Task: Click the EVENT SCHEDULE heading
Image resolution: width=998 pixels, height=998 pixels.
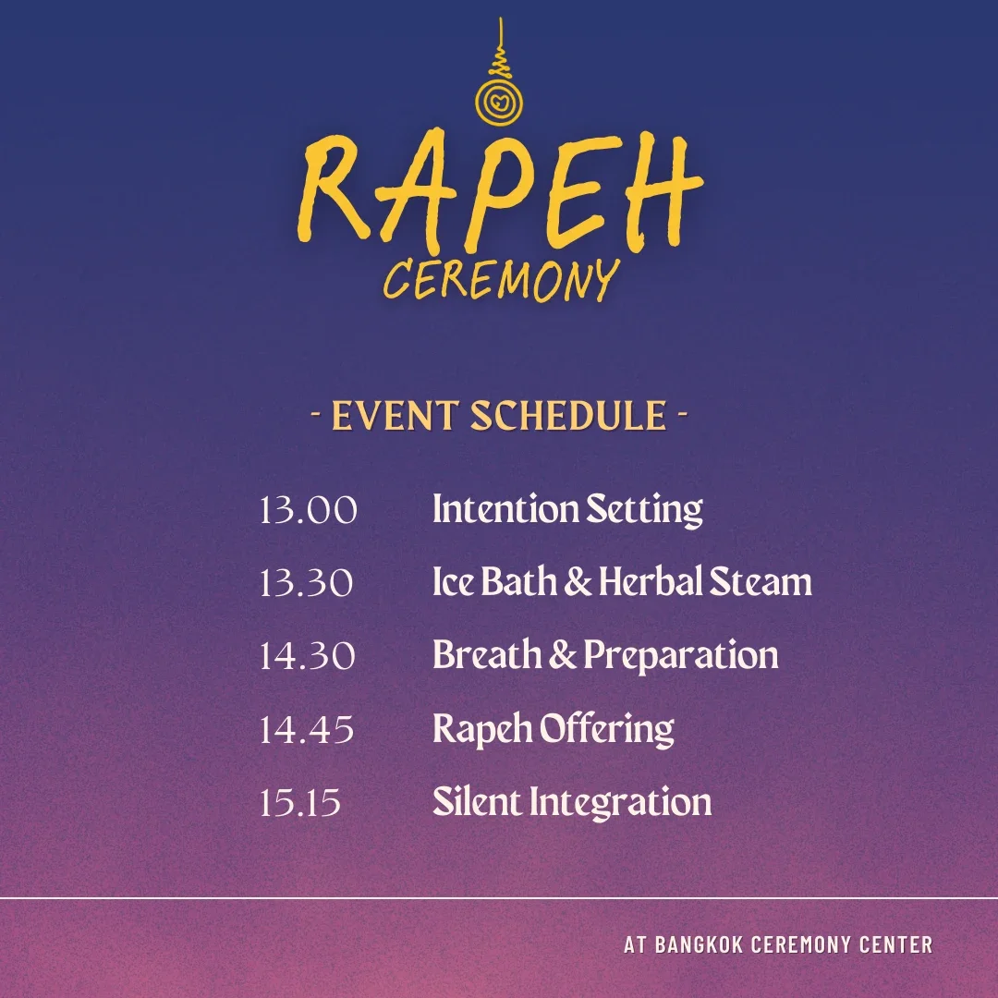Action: pos(499,416)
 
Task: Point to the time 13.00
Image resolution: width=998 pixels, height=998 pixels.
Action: pos(308,510)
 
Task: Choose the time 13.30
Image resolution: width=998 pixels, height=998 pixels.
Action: pos(306,583)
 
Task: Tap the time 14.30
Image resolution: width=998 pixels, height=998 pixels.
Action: pos(307,656)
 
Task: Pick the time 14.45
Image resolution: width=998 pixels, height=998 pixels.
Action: pos(307,729)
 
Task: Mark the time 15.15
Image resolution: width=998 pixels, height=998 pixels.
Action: pos(300,802)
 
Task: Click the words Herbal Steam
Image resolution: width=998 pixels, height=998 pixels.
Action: pos(705,583)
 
